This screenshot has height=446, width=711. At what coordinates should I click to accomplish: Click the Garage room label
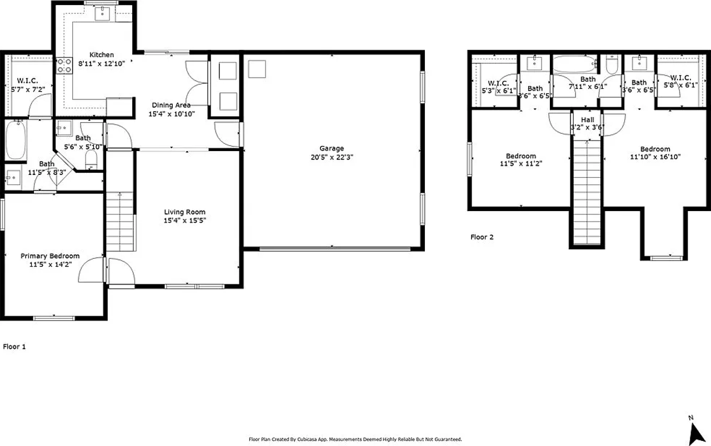[332, 148]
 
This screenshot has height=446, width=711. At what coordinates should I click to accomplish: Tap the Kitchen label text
[102, 55]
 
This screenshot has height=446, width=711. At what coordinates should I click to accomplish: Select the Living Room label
[184, 212]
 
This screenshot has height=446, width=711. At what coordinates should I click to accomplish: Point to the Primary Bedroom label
[50, 256]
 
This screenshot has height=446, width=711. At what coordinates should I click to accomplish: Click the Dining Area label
[172, 105]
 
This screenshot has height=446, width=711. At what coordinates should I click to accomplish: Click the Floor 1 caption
[14, 347]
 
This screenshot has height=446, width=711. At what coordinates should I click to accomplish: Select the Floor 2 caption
[482, 237]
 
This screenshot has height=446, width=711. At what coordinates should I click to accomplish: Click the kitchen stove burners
[64, 66]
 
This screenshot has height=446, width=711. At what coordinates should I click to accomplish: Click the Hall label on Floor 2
[587, 120]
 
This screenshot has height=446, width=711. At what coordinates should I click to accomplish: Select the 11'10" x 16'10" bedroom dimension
[655, 157]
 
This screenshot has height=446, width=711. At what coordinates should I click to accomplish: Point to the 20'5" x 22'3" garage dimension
[332, 157]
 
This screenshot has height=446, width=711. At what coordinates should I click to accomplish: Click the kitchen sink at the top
[102, 14]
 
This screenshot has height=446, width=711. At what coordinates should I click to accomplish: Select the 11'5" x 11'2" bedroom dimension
[520, 164]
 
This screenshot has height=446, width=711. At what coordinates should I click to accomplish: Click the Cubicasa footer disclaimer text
[355, 439]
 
